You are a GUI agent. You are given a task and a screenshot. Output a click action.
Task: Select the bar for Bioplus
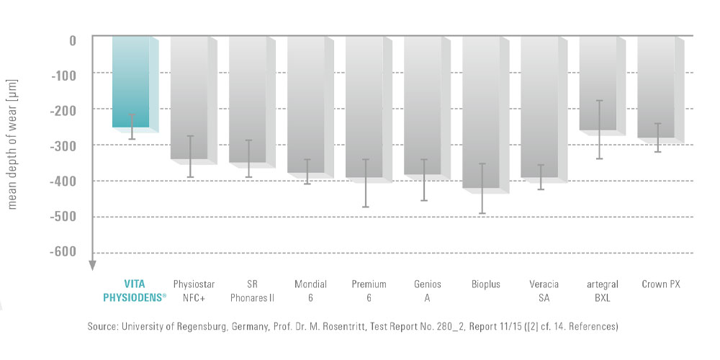(x=481, y=112)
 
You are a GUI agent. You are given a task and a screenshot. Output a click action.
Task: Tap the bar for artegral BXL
(x=598, y=83)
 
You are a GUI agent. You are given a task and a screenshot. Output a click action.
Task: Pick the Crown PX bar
(x=656, y=86)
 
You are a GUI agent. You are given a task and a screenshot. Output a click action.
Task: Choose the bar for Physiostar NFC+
(x=189, y=97)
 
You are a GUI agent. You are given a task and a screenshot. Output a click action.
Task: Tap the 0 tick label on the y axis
(x=73, y=40)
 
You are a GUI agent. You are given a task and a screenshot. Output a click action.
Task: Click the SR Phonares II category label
(x=247, y=291)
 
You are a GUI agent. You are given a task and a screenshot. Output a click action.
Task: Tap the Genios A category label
(x=423, y=291)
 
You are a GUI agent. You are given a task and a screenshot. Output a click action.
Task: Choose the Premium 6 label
(x=364, y=291)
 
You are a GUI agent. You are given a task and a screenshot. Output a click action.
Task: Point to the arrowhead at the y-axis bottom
(x=92, y=265)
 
